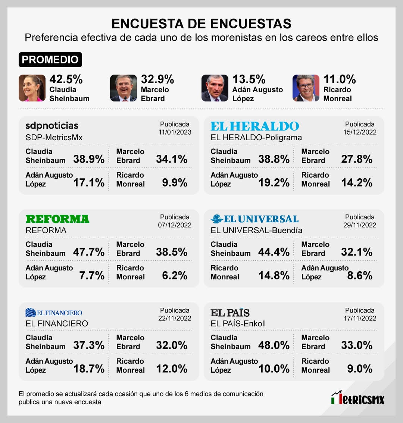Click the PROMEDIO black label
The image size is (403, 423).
[x=50, y=60]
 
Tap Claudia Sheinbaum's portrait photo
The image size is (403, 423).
[x=32, y=88]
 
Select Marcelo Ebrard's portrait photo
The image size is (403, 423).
[x=124, y=88]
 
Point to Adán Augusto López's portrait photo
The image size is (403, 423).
[x=215, y=88]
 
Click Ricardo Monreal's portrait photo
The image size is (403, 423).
[x=306, y=88]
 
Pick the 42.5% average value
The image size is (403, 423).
[x=66, y=79]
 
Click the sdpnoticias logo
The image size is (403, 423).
[x=52, y=126]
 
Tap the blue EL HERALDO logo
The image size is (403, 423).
[x=255, y=126]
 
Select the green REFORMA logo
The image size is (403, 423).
[x=57, y=219]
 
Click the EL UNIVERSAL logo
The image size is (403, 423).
[x=255, y=219]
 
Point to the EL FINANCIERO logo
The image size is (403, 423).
[x=54, y=313]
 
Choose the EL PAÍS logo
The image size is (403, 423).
[x=230, y=313]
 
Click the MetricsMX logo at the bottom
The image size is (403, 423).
[x=357, y=398]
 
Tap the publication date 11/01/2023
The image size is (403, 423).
[x=175, y=132]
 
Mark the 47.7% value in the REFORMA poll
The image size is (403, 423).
[x=89, y=252]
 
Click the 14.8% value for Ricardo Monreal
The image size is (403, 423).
[x=274, y=275]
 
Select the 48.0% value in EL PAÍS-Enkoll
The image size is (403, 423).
[x=274, y=345]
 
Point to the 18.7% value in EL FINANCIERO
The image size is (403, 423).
[x=89, y=369]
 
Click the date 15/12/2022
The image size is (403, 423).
[x=360, y=132]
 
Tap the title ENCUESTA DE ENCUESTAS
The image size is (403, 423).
[x=201, y=23]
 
